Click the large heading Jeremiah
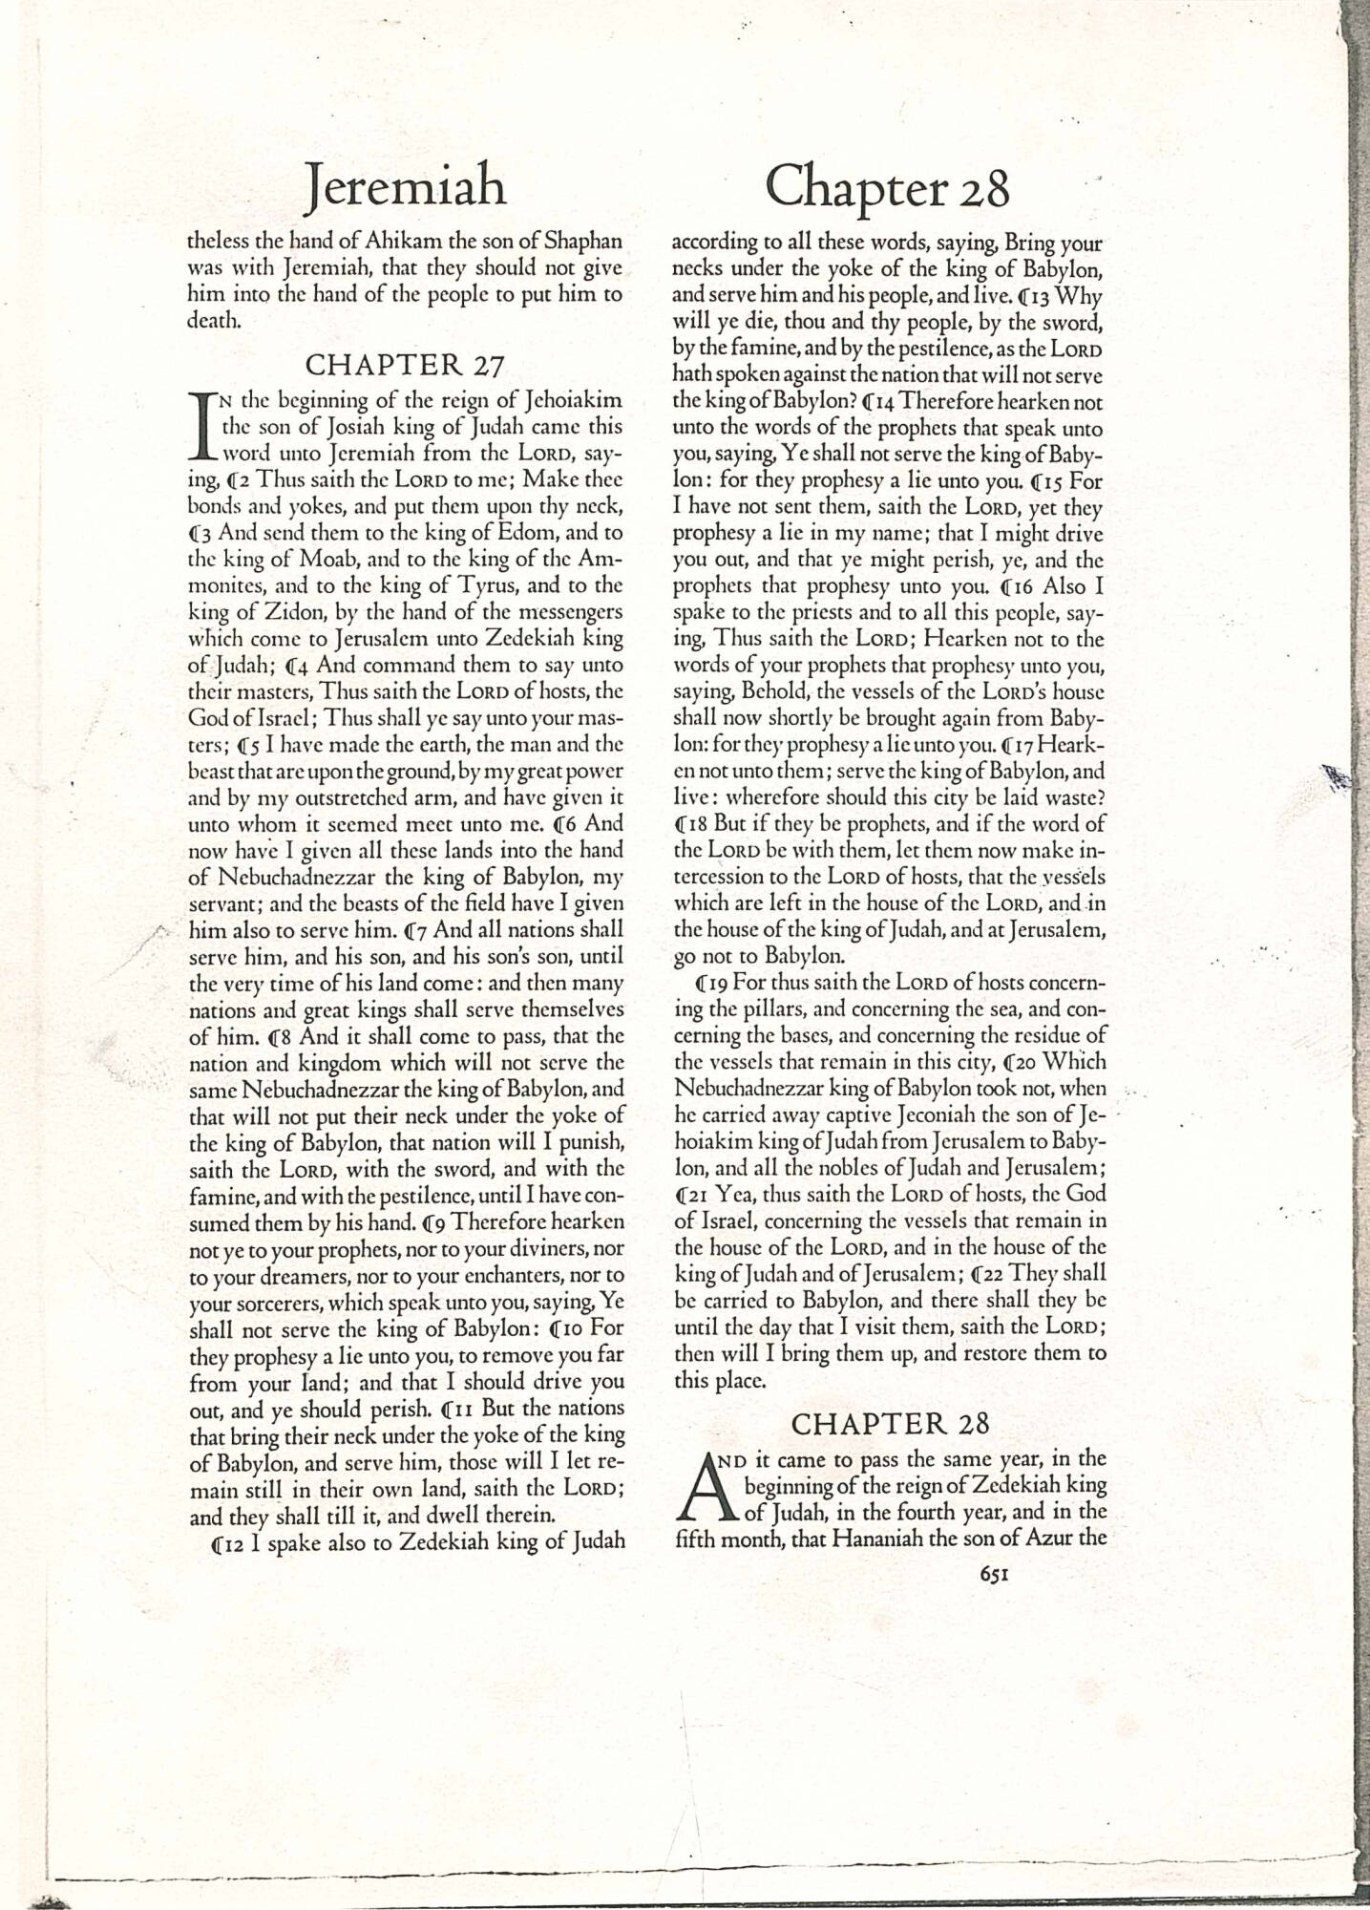pos(405,186)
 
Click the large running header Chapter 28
pos(887,188)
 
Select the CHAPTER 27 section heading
pos(404,364)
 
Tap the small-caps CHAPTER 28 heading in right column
pos(890,1424)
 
